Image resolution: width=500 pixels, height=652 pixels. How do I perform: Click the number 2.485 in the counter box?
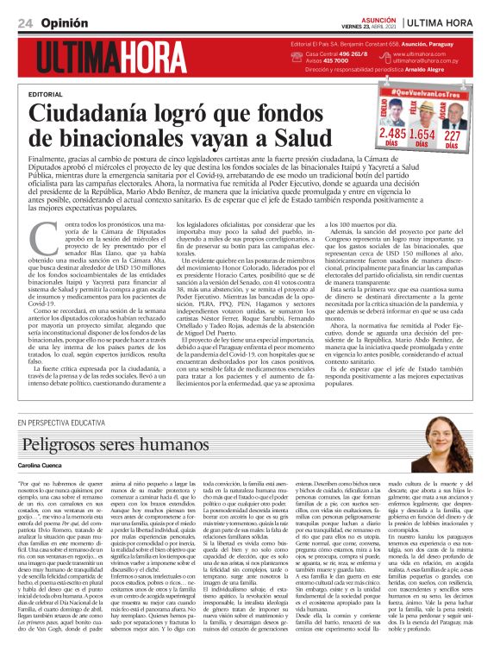click(x=392, y=135)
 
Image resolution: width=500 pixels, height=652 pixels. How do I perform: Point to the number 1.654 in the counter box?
click(x=422, y=135)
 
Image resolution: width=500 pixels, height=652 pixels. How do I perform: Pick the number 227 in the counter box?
click(x=453, y=135)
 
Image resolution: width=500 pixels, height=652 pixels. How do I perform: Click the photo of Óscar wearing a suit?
click(x=453, y=115)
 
